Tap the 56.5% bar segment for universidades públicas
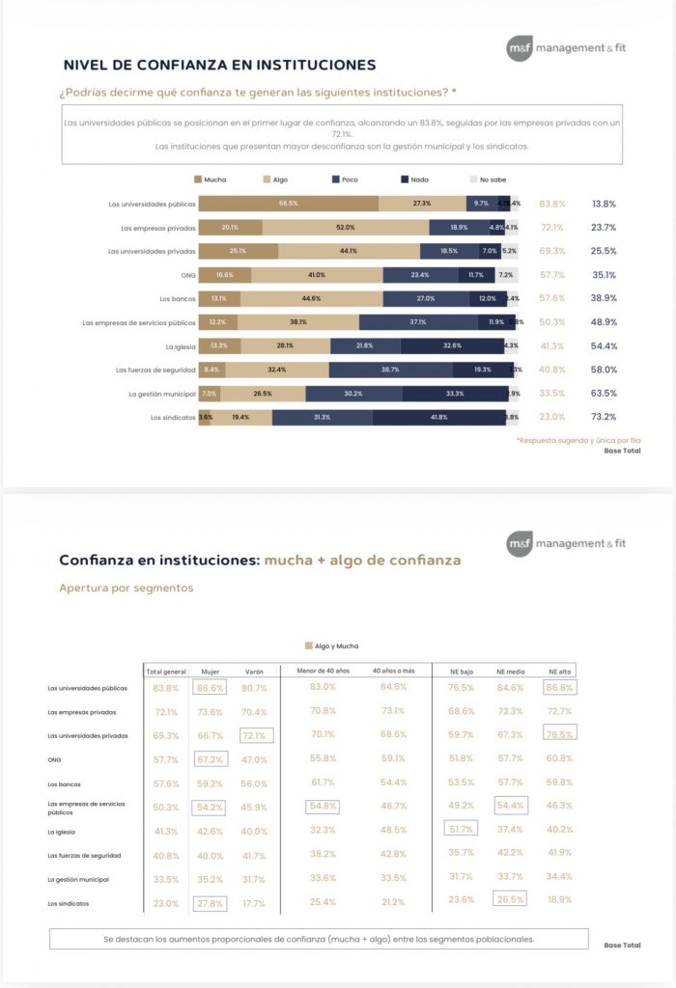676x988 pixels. pyautogui.click(x=287, y=204)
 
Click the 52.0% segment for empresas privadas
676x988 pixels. pyautogui.click(x=345, y=228)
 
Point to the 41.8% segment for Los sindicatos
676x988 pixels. pyautogui.click(x=438, y=417)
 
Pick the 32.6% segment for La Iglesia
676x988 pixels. pyautogui.click(x=451, y=345)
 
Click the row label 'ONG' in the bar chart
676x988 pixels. pyautogui.click(x=187, y=275)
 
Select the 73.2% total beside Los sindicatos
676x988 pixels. pyautogui.click(x=604, y=417)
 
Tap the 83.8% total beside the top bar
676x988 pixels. pyautogui.click(x=552, y=204)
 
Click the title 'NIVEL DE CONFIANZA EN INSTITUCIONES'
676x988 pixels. pyautogui.click(x=219, y=66)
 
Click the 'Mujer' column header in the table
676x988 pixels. pyautogui.click(x=210, y=670)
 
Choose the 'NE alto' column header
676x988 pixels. pyautogui.click(x=559, y=670)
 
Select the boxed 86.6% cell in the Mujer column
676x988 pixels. pyautogui.click(x=210, y=688)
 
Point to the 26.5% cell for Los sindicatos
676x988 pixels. pyautogui.click(x=509, y=899)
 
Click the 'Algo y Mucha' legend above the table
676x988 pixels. pyautogui.click(x=332, y=645)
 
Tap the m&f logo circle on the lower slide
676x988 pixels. pyautogui.click(x=520, y=544)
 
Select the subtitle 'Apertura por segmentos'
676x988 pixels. pyautogui.click(x=126, y=588)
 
